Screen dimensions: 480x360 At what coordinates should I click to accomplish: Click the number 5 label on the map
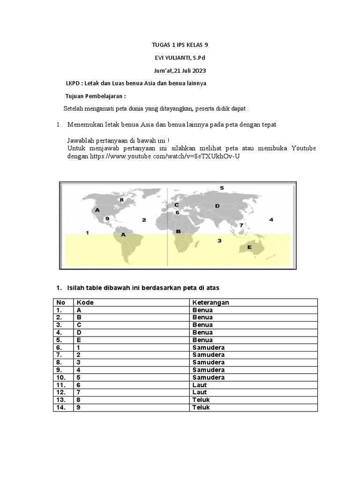pyautogui.click(x=222, y=188)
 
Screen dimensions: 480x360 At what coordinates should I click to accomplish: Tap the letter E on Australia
pyautogui.click(x=249, y=247)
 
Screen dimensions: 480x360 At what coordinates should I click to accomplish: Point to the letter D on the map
pyautogui.click(x=217, y=206)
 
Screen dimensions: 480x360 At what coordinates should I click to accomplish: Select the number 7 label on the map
pyautogui.click(x=241, y=225)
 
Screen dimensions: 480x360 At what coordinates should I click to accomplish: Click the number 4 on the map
pyautogui.click(x=271, y=219)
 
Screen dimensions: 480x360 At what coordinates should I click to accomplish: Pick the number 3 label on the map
pyautogui.click(x=219, y=240)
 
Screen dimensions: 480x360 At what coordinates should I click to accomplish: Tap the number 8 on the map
pyautogui.click(x=121, y=200)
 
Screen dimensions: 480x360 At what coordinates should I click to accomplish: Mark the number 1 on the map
pyautogui.click(x=87, y=232)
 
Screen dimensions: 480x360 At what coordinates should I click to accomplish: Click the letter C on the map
pyautogui.click(x=177, y=205)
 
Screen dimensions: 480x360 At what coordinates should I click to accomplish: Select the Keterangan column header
pyautogui.click(x=210, y=302)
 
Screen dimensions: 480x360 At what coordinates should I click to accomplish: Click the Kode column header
pyautogui.click(x=85, y=302)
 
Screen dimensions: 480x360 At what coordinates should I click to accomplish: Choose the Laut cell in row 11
pyautogui.click(x=199, y=385)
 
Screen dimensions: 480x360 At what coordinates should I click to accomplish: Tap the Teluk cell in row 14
pyautogui.click(x=201, y=407)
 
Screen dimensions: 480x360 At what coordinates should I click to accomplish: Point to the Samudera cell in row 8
pyautogui.click(x=208, y=362)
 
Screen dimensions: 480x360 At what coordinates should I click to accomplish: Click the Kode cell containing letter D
pyautogui.click(x=79, y=332)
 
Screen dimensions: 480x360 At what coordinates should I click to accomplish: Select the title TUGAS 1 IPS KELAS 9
pyautogui.click(x=180, y=45)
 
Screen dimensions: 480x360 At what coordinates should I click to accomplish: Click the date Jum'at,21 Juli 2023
pyautogui.click(x=180, y=71)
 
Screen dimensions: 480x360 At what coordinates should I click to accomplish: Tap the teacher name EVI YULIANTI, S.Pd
pyautogui.click(x=180, y=58)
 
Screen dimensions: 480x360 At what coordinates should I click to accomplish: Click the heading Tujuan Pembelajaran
pyautogui.click(x=96, y=96)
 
